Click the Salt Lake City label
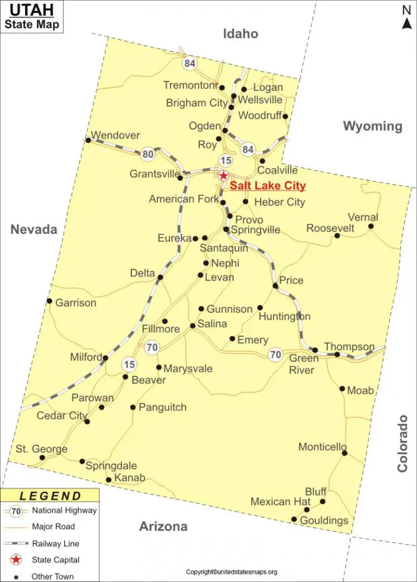[x=268, y=186]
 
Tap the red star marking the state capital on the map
[x=223, y=176]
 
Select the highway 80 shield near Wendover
[x=148, y=154]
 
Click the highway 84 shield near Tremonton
[x=189, y=63]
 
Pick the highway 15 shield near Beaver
[x=129, y=364]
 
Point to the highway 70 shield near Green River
[x=276, y=355]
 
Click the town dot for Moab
[x=342, y=388]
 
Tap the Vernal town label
[x=363, y=218]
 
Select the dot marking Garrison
[x=49, y=301]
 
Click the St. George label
[x=41, y=449]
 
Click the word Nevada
[x=34, y=230]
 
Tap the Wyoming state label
[x=372, y=127]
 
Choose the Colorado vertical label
[x=402, y=443]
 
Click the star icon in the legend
[x=17, y=560]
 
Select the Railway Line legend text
[x=55, y=543]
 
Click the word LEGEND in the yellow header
[x=50, y=496]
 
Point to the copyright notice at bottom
[x=232, y=572]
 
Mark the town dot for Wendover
[x=88, y=140]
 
